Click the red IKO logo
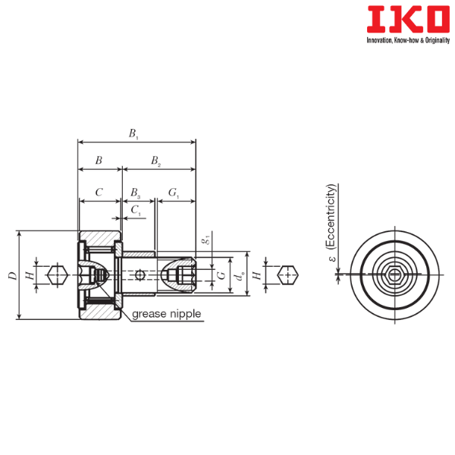[408, 20]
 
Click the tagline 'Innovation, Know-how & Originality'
[408, 40]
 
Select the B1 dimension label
[133, 133]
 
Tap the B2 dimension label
[155, 161]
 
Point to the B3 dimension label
[135, 193]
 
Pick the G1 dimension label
[174, 193]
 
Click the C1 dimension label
[136, 210]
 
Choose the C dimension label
[99, 192]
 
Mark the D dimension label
[12, 275]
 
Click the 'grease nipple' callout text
[166, 314]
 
